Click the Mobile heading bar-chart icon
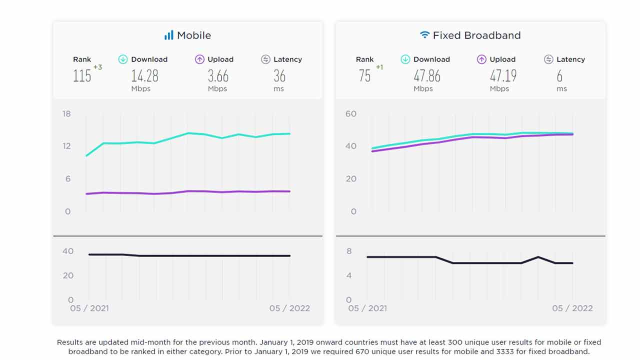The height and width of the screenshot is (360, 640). point(169,35)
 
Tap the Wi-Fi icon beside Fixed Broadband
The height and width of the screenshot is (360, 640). point(424,35)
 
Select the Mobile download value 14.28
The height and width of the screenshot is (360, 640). point(144,76)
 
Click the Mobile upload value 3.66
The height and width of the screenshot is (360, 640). point(218,76)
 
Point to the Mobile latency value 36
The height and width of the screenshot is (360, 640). point(279,76)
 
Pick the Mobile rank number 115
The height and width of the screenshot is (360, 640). point(82,76)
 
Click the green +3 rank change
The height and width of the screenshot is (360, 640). point(97,67)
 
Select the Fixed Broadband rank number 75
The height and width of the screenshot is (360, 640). point(364,76)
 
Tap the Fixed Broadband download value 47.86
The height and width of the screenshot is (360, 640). point(427,76)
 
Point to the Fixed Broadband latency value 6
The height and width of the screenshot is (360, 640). point(559,76)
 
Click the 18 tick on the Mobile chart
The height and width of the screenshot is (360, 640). point(66,114)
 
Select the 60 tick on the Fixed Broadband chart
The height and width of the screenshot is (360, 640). point(350,114)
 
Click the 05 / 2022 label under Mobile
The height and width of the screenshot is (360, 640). point(289,308)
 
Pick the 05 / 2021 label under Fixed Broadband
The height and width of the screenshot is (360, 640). point(367,308)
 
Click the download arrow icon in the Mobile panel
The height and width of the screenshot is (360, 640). point(123,59)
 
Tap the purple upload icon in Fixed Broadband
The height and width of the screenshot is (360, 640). point(481,59)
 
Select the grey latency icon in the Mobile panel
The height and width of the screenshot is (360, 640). point(265,59)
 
